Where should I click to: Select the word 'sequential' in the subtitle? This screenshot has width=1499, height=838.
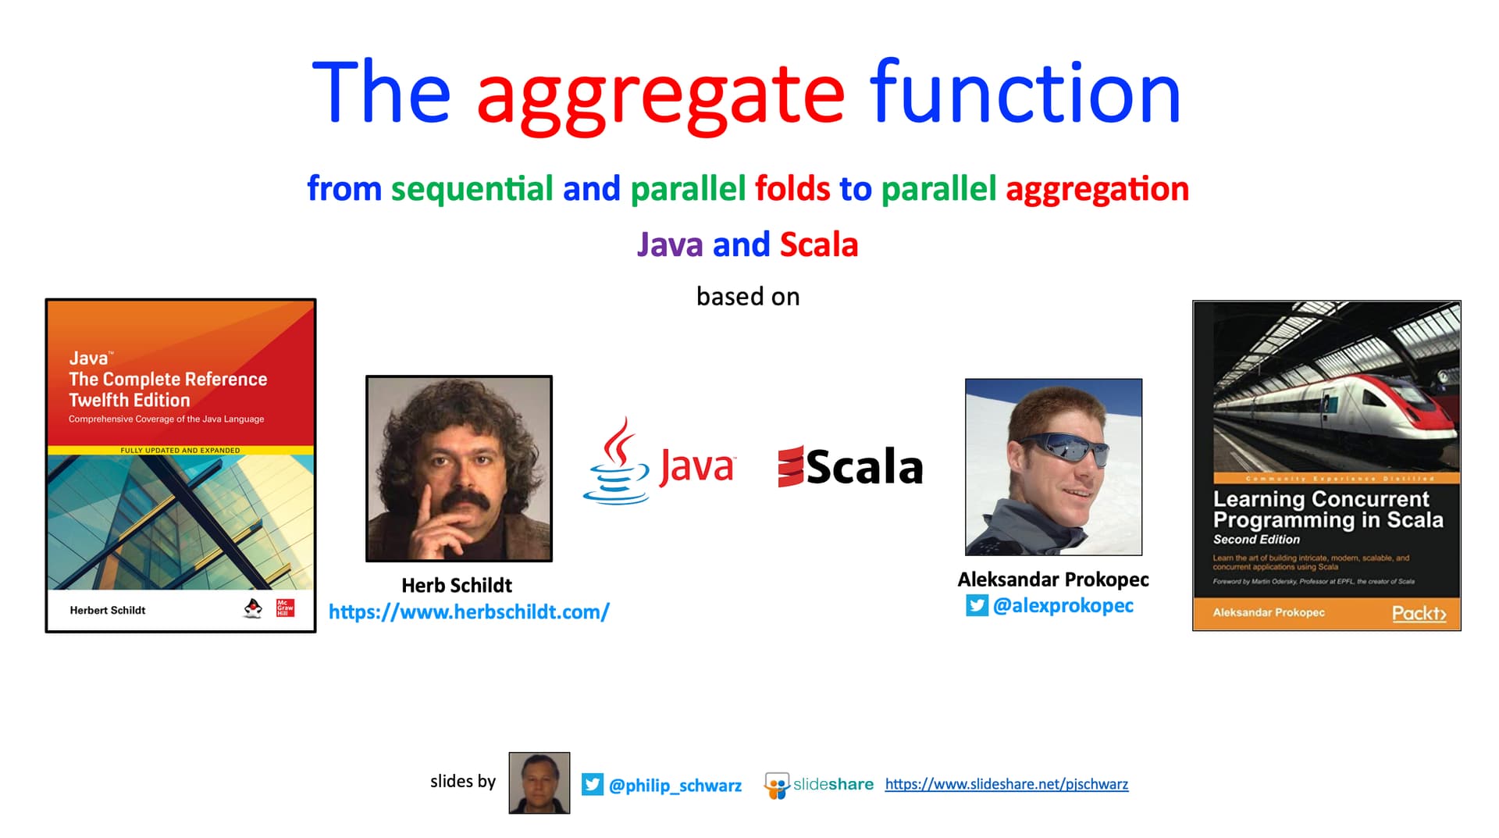point(472,189)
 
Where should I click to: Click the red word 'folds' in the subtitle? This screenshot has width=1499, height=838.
point(792,189)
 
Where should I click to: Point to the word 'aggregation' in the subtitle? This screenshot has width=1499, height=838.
point(1097,189)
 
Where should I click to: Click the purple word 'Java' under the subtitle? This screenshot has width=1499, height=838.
point(670,244)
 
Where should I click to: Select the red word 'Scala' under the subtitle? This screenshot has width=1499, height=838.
point(819,244)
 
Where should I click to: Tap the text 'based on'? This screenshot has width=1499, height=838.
point(748,297)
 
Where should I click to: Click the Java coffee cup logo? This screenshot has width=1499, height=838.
point(616,462)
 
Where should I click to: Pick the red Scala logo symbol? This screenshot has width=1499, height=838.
point(790,467)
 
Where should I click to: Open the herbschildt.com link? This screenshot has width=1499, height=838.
point(468,612)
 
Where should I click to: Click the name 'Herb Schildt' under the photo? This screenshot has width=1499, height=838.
point(457,585)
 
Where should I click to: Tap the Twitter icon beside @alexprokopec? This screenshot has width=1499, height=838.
point(977,605)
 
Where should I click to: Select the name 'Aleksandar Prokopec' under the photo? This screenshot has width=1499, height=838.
point(1052,579)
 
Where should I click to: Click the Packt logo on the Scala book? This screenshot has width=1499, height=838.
point(1419,613)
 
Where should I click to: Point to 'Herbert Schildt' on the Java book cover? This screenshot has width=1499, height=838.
point(108,610)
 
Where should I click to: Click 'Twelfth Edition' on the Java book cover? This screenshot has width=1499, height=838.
point(130,400)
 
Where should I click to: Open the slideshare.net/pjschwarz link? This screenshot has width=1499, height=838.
point(1006,784)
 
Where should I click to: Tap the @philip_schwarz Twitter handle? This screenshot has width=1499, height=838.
point(675,786)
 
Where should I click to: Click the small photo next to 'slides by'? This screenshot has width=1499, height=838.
point(539,783)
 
